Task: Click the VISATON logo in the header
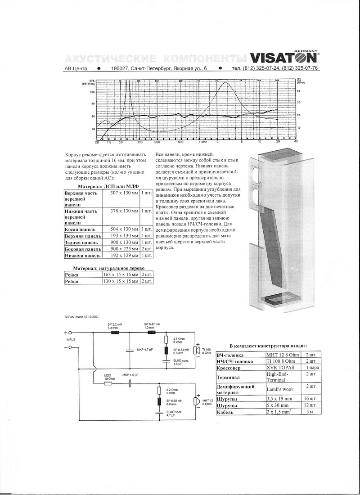pos(284,58)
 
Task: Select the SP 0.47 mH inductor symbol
pos(149,333)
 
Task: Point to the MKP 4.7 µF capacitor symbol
pos(130,349)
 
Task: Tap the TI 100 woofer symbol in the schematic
pos(196,350)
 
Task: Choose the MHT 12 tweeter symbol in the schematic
pos(196,401)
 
